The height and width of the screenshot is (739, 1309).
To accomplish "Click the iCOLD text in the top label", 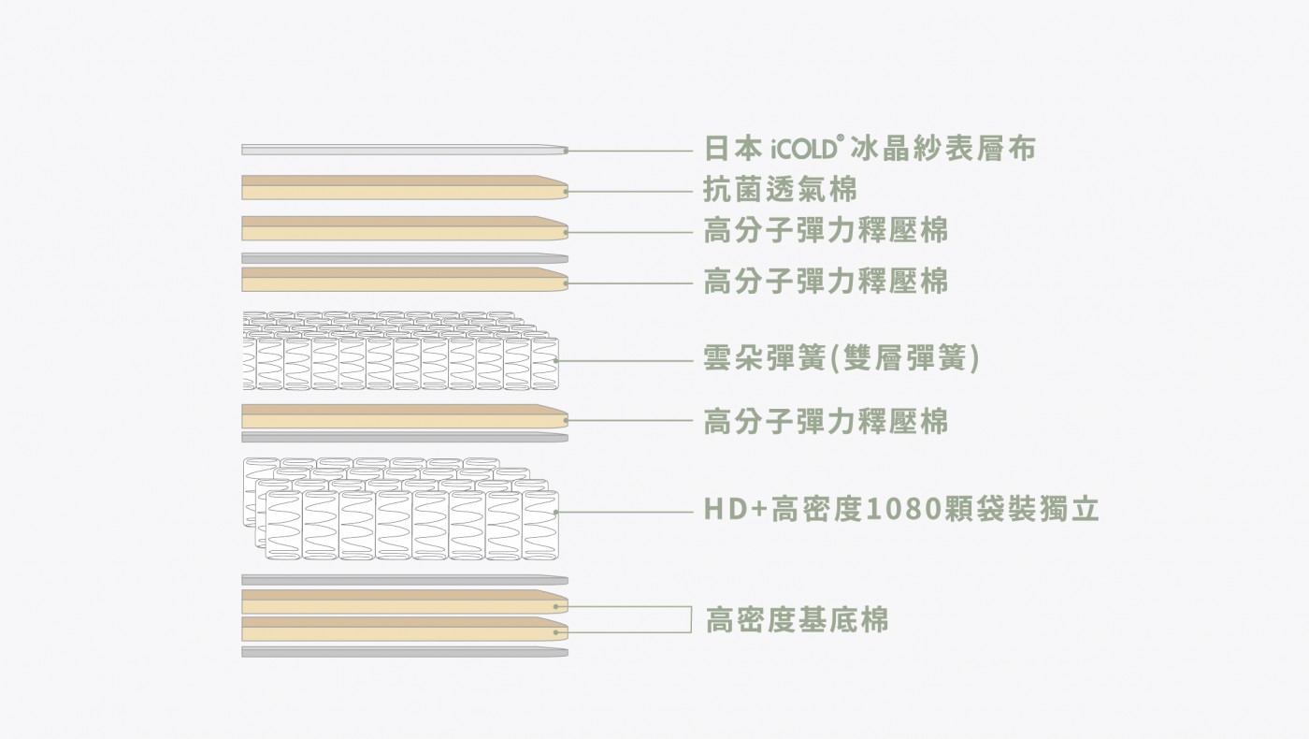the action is coord(805,150).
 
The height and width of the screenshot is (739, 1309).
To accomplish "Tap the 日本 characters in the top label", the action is coord(733,148).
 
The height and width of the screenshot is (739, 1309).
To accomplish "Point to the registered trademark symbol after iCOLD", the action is coord(842,139).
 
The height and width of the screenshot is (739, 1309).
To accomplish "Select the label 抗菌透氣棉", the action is coord(780,189).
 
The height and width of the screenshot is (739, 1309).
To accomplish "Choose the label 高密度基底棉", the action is coord(797,619).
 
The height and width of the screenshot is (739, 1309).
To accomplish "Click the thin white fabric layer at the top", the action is coord(404,151).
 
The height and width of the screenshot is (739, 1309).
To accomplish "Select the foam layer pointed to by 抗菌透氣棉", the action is coord(404,187).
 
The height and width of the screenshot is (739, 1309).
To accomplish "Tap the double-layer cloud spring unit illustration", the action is coord(400,351).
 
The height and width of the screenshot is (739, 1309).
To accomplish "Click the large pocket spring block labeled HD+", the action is coord(401,509).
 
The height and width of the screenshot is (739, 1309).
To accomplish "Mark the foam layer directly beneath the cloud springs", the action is coord(404,415).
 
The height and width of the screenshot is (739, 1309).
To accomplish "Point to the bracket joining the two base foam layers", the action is coord(691,619).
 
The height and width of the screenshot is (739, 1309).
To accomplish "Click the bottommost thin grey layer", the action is coord(404,652).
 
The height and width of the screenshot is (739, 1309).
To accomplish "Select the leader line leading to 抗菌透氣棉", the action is coord(628,191).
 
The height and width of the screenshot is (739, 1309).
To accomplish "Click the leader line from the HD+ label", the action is coord(625,512).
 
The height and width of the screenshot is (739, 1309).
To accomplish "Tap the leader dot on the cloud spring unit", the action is coord(555,361).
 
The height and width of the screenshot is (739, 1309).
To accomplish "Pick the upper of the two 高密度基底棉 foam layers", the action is coord(404,601).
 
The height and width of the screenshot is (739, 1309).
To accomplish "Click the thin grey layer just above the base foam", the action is coord(404,580).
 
